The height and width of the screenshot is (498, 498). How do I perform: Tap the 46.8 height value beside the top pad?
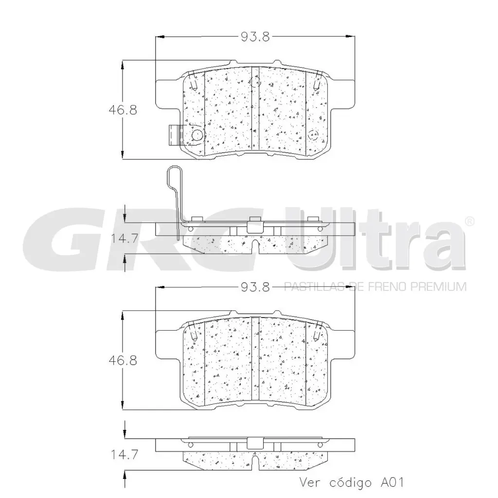123,109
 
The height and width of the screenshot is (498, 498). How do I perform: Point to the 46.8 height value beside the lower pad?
123,361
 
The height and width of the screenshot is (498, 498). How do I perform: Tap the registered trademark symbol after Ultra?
469,221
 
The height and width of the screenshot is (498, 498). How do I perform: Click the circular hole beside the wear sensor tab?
198,135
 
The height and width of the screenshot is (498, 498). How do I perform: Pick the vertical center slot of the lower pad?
256,360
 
